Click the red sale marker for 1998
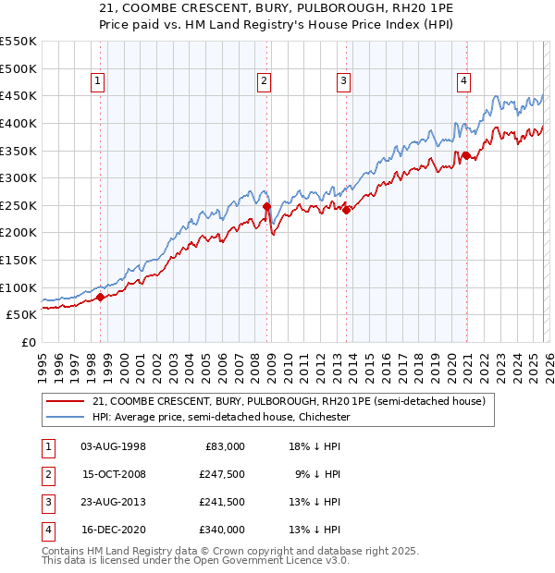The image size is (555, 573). coord(100,297)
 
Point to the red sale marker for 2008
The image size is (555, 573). coord(266,207)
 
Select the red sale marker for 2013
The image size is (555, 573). coord(346,210)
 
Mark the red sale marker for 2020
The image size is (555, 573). coord(465,155)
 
